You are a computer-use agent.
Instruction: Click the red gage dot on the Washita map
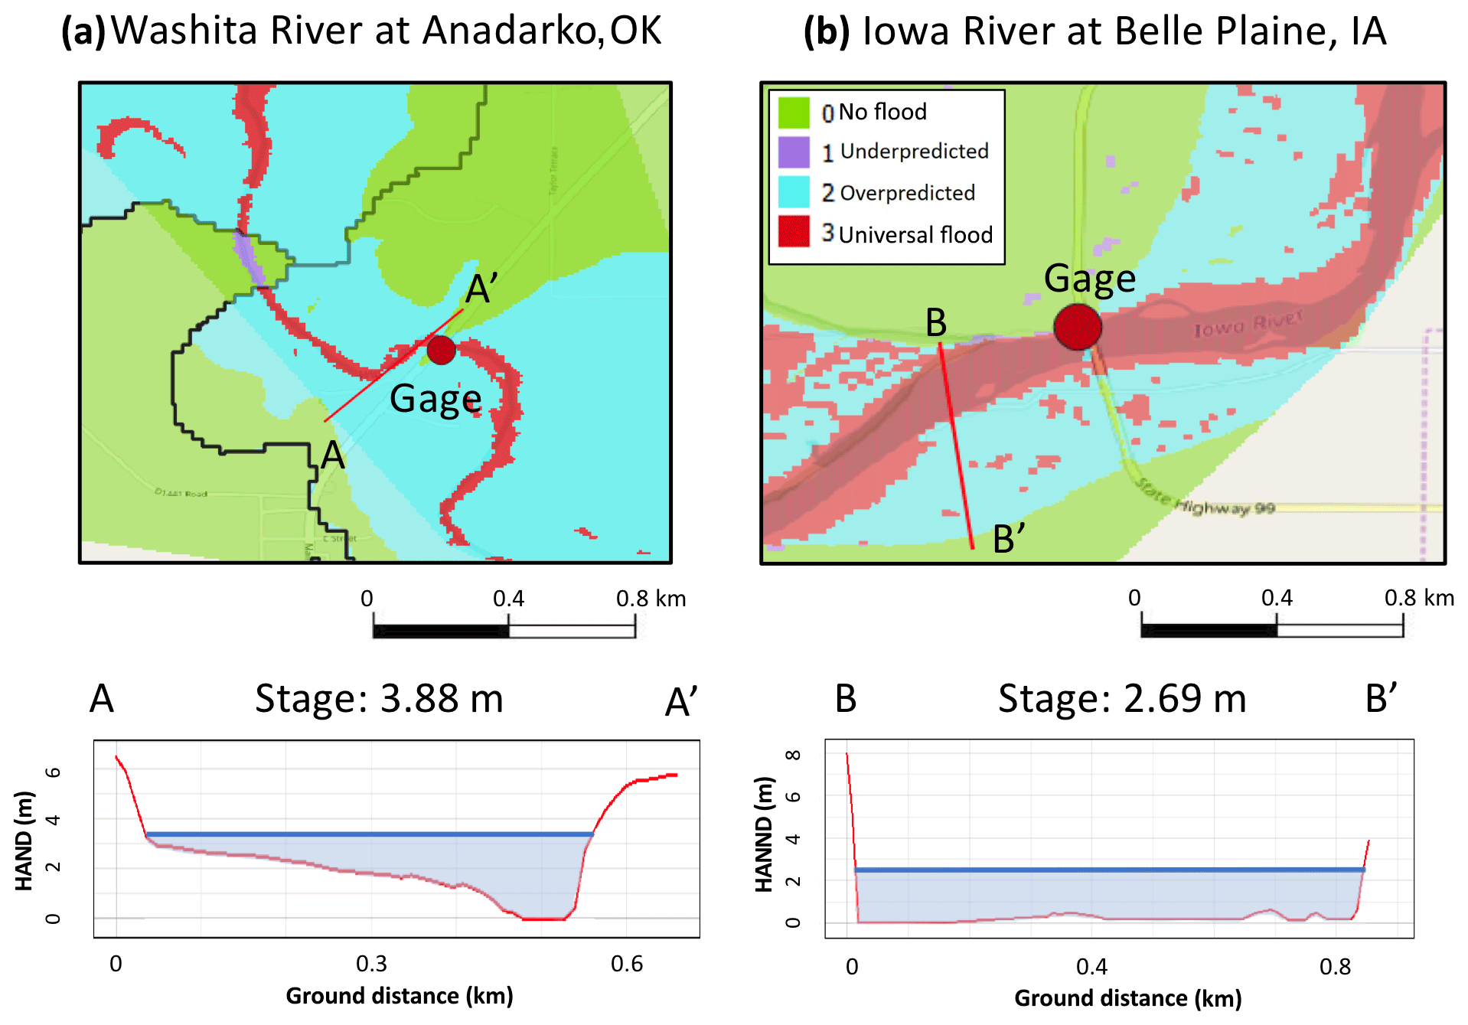[441, 350]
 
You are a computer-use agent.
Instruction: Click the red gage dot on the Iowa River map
[1078, 327]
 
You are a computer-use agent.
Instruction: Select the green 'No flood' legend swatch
[794, 113]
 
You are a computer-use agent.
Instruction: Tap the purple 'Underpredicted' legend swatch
[794, 152]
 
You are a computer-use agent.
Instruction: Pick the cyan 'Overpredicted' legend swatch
[794, 192]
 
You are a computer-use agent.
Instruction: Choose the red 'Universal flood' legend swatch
[794, 232]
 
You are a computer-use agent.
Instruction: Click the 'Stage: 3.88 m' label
[379, 699]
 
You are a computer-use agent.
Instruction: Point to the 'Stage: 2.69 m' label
[1122, 699]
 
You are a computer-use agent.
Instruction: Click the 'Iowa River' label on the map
[1248, 325]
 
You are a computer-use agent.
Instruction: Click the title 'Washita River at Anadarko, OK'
[386, 31]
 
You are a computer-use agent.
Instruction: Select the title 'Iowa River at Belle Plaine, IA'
[1124, 31]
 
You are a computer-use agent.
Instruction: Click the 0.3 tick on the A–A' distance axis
[371, 964]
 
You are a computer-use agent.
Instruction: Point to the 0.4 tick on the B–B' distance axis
[1091, 967]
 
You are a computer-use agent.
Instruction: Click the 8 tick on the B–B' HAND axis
[794, 756]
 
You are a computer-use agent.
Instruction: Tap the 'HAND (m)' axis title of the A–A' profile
[24, 841]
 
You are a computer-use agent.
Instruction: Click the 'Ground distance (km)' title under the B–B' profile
[1127, 998]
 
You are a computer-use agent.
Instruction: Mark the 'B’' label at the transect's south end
[1009, 539]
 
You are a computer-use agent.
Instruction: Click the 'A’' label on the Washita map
[482, 289]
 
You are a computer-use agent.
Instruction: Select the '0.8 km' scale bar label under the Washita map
[651, 599]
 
